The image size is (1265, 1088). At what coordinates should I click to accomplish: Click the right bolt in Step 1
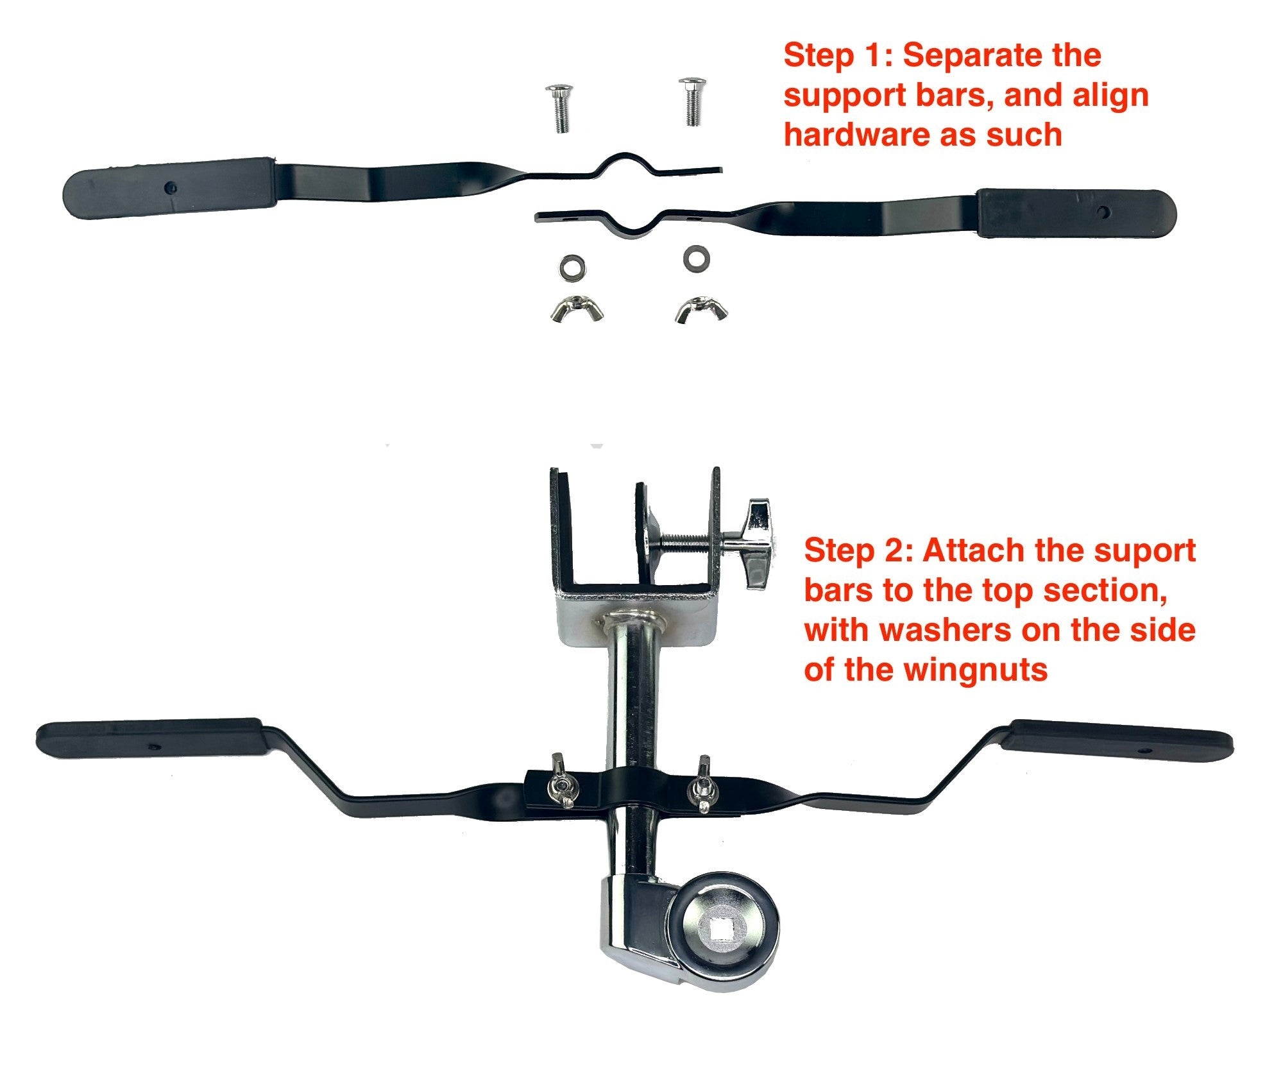692,101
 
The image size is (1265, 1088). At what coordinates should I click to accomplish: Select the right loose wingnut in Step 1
700,309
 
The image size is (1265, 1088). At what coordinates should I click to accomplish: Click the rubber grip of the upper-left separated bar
171,187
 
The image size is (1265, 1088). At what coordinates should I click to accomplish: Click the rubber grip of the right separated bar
1076,213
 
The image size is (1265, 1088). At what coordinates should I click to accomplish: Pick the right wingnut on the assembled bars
701,785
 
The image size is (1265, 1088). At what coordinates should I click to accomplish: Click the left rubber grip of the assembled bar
149,738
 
